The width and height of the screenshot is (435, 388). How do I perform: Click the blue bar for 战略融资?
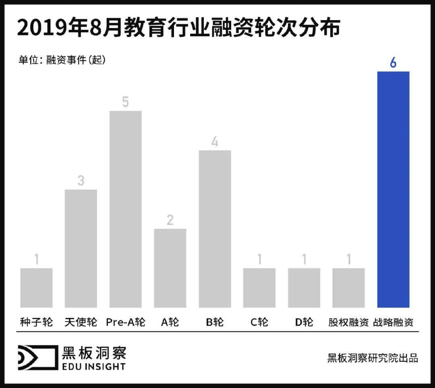[x=393, y=190]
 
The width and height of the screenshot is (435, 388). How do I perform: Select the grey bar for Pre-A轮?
[x=126, y=209]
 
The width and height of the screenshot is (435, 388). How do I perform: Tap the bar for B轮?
[x=215, y=229]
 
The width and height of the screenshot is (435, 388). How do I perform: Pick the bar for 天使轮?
[x=81, y=248]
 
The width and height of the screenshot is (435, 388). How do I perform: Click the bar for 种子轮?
[x=36, y=288]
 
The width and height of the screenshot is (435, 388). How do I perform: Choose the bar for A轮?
[x=170, y=268]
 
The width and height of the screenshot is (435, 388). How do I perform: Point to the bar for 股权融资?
[x=348, y=288]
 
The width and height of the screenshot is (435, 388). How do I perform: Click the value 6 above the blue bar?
[x=393, y=63]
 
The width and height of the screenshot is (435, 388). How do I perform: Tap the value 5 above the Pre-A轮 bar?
[x=126, y=102]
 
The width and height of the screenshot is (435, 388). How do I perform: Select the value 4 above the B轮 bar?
[x=215, y=142]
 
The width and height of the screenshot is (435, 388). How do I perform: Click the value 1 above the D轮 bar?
[x=304, y=260]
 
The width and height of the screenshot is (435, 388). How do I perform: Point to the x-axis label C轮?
[x=259, y=322]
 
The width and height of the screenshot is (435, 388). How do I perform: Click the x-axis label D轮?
[x=304, y=322]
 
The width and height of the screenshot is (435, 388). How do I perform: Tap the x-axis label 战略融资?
[x=393, y=322]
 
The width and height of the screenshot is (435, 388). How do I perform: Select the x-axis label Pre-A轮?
[x=126, y=322]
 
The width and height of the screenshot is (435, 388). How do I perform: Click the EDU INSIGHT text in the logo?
[x=93, y=366]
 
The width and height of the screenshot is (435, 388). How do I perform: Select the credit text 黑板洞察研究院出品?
[x=373, y=358]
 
